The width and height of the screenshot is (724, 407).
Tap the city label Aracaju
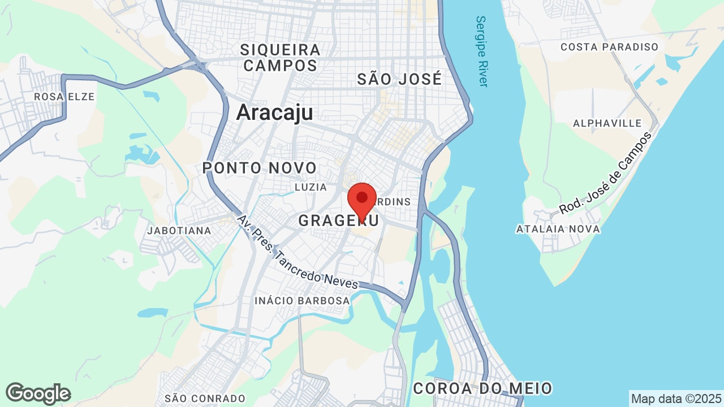pos(274,112)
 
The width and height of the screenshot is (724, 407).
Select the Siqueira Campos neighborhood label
pos(280,58)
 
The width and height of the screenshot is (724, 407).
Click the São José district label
pos(399,80)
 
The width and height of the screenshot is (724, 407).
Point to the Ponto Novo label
pos(260,168)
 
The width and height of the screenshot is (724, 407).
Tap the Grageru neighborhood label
pos(338,220)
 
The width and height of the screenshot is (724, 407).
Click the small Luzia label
pos(311,187)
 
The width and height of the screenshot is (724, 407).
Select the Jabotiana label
pos(179,231)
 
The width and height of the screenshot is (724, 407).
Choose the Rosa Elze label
pos(64,97)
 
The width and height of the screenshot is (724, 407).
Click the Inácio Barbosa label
pos(302,301)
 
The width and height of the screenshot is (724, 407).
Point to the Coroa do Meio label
pos(482,389)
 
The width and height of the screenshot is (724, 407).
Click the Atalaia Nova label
pos(558,229)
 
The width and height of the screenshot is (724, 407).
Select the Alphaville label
pos(607,123)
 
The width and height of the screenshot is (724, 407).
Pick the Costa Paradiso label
pos(609,47)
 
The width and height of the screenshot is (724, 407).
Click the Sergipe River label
pos(481,51)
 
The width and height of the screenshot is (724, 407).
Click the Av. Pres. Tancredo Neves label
pos(298,253)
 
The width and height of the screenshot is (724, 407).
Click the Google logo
pos(38,393)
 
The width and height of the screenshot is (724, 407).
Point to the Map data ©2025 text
pos(676,399)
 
